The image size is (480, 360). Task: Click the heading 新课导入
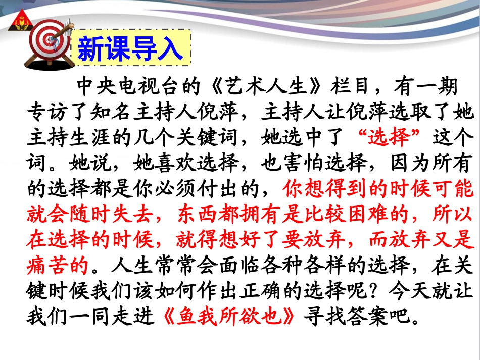pyautogui.click(x=130, y=48)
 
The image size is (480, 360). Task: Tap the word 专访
pyautogui.click(x=49, y=111)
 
